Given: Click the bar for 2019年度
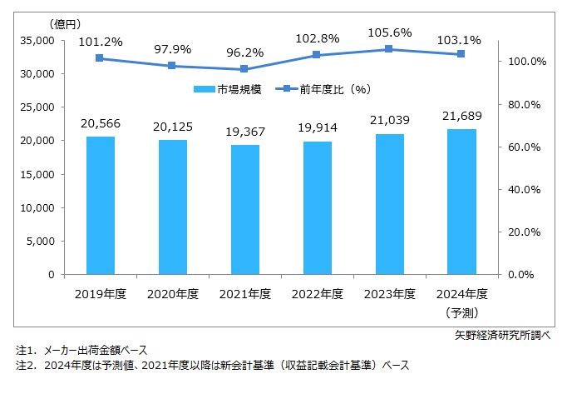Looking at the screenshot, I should pyautogui.click(x=100, y=205).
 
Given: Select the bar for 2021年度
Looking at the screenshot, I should pyautogui.click(x=244, y=209).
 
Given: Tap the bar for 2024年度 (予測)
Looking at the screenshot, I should pyautogui.click(x=461, y=202).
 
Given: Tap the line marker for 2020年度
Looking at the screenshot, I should pyautogui.click(x=172, y=66).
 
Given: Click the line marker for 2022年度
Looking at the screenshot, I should pyautogui.click(x=317, y=55).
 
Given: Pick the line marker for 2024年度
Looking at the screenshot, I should pyautogui.click(x=461, y=54).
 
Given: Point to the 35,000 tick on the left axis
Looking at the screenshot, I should pyautogui.click(x=37, y=40).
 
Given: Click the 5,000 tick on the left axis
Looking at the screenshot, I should pyautogui.click(x=40, y=241).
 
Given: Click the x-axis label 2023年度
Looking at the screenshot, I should pyautogui.click(x=389, y=294).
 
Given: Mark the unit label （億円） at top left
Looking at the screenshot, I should pyautogui.click(x=67, y=22).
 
